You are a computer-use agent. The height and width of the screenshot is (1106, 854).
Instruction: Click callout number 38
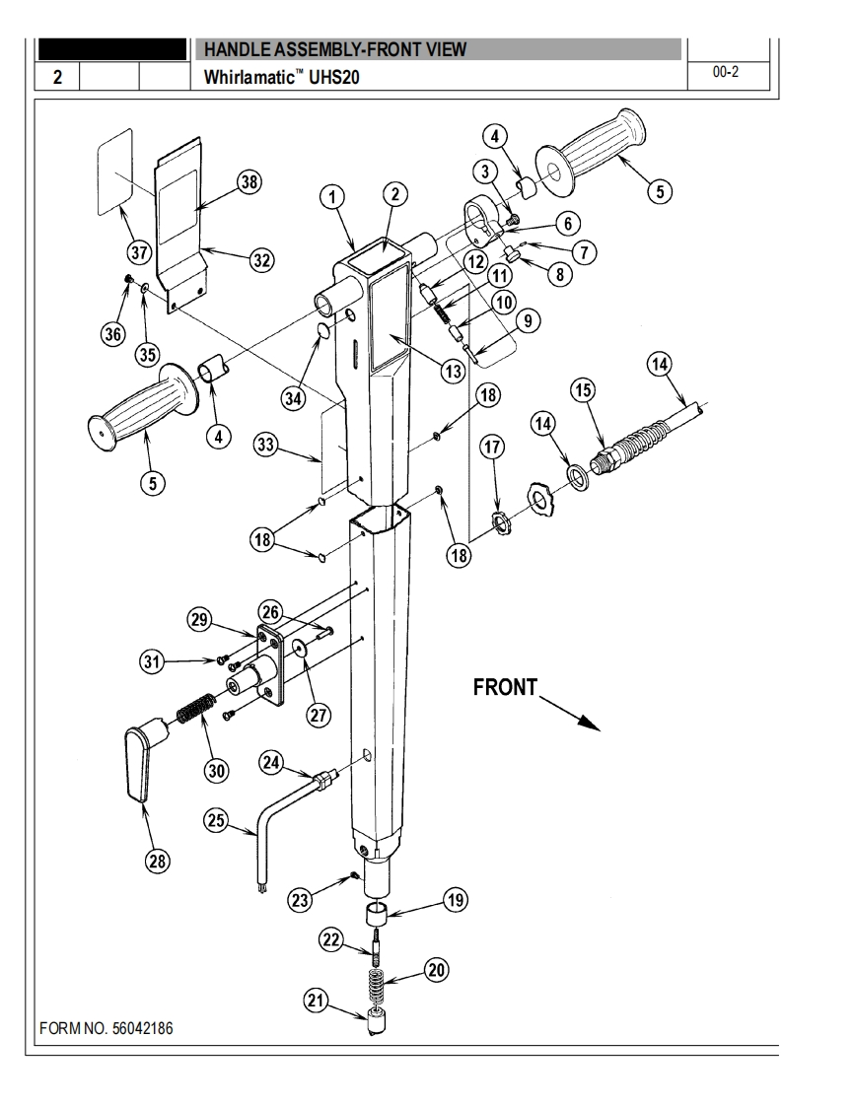pyautogui.click(x=249, y=182)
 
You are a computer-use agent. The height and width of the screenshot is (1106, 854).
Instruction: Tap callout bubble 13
pyautogui.click(x=453, y=371)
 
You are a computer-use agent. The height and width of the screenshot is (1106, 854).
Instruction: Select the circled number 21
pyautogui.click(x=317, y=1000)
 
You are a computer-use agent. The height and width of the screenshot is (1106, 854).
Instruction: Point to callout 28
pyautogui.click(x=157, y=861)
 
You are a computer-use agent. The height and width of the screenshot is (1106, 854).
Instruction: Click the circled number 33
pyautogui.click(x=266, y=446)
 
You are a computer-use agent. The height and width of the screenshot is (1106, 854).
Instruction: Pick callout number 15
pyautogui.click(x=582, y=389)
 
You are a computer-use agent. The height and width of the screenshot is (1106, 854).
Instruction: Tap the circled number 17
pyautogui.click(x=492, y=447)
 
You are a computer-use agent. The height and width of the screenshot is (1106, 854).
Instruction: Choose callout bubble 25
pyautogui.click(x=216, y=820)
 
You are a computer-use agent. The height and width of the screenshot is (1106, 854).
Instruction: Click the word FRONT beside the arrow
pyautogui.click(x=505, y=687)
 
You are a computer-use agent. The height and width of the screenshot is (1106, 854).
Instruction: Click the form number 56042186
pyautogui.click(x=143, y=1028)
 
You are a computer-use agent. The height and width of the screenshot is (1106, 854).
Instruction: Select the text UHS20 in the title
pyautogui.click(x=334, y=77)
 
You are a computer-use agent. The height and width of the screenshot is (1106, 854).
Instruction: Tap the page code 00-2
pyautogui.click(x=726, y=71)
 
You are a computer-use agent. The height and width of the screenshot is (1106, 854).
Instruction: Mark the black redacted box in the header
pyautogui.click(x=112, y=48)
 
